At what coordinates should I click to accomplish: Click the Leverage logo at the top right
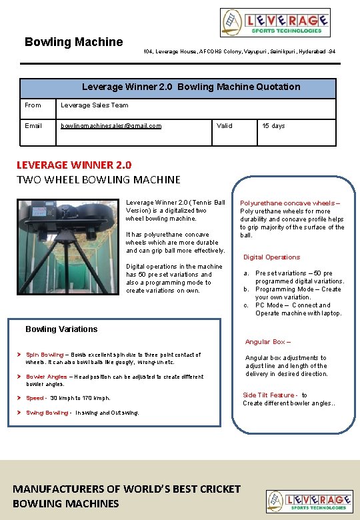275,23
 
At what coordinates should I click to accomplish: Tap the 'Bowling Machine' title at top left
73,42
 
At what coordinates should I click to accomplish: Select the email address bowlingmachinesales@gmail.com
111,125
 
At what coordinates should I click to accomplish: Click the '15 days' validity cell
273,125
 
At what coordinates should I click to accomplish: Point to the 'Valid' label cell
225,125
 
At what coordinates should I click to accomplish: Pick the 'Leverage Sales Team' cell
95,105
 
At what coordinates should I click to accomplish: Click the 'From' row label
33,105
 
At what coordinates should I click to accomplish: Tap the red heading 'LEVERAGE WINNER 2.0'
74,165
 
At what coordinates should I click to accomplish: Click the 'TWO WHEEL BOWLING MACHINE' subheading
98,179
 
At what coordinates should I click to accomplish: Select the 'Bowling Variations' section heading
61,329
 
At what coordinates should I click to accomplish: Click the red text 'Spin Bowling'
45,355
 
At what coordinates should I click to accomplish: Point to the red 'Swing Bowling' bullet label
47,413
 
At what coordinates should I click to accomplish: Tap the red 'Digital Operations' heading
271,257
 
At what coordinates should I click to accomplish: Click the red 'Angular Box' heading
267,342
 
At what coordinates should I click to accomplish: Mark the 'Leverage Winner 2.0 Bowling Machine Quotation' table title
191,87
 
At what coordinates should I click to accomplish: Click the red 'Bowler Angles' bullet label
46,377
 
